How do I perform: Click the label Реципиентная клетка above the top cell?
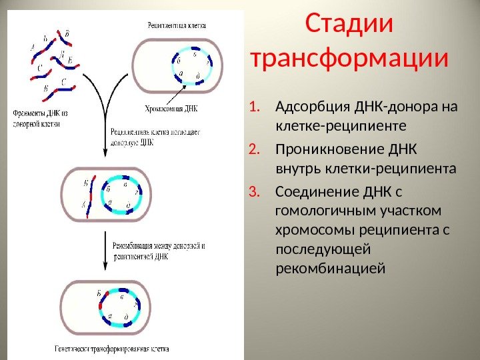(176, 25)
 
